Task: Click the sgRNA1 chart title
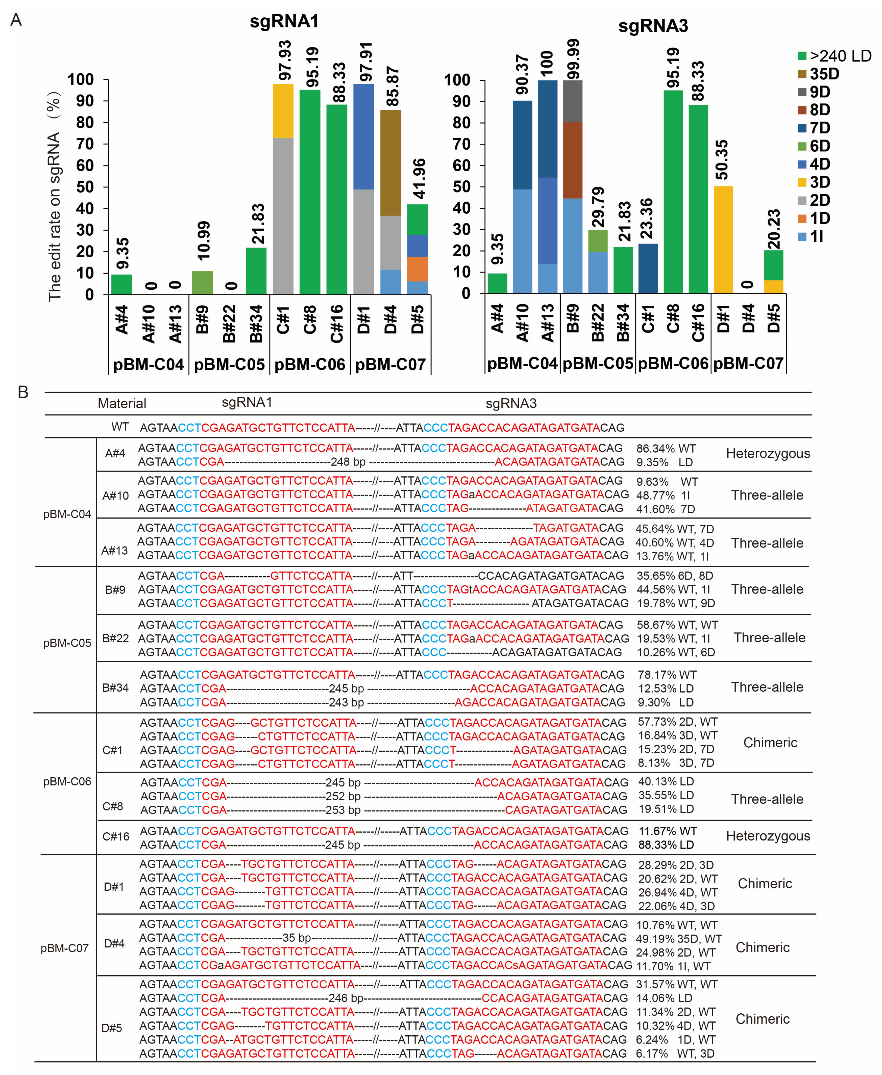(284, 21)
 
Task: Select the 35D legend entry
(824, 74)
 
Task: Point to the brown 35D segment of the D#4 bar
(390, 163)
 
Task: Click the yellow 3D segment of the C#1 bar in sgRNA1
(283, 111)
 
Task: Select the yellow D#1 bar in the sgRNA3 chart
(723, 240)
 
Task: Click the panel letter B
(23, 392)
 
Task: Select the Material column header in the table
(122, 403)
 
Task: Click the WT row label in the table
(120, 427)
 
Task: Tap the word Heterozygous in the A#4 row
(768, 453)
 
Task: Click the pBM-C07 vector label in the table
(65, 948)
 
